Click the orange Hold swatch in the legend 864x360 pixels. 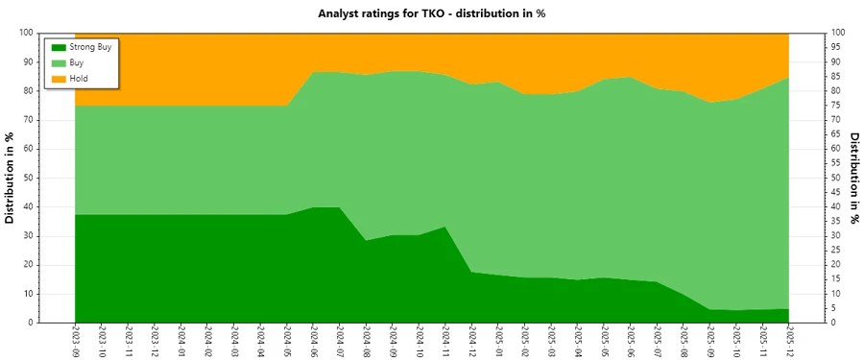[58, 78]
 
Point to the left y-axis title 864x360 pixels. [11, 178]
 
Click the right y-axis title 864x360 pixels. [853, 178]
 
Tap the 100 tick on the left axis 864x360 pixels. [28, 33]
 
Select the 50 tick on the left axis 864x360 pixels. [30, 178]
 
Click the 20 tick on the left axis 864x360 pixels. [30, 265]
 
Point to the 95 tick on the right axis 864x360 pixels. [837, 47]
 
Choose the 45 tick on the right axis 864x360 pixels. [837, 192]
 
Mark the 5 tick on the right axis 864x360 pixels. [834, 308]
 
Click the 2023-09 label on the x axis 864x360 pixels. [75, 340]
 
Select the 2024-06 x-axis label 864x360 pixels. [314, 340]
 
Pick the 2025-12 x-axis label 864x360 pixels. [790, 340]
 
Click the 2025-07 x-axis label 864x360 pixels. [659, 340]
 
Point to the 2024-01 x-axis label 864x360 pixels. [181, 340]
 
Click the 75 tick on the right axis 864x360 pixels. [837, 105]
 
